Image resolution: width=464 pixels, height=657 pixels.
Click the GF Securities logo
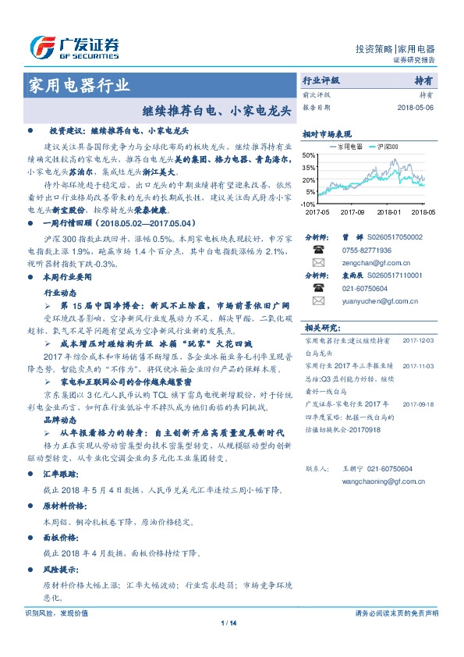tap(74, 48)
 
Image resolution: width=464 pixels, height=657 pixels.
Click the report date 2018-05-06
tap(415, 108)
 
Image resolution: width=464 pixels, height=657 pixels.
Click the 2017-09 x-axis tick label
tap(352, 211)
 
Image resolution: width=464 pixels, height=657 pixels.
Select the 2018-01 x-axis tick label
tap(388, 211)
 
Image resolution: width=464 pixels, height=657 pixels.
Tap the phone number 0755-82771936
tap(358, 250)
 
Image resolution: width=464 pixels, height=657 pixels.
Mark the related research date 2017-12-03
tap(418, 340)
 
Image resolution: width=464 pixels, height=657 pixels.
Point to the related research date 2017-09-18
tap(418, 404)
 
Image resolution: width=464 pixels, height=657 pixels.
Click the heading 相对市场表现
tap(327, 133)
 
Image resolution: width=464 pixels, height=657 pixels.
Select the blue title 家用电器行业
tap(80, 85)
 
